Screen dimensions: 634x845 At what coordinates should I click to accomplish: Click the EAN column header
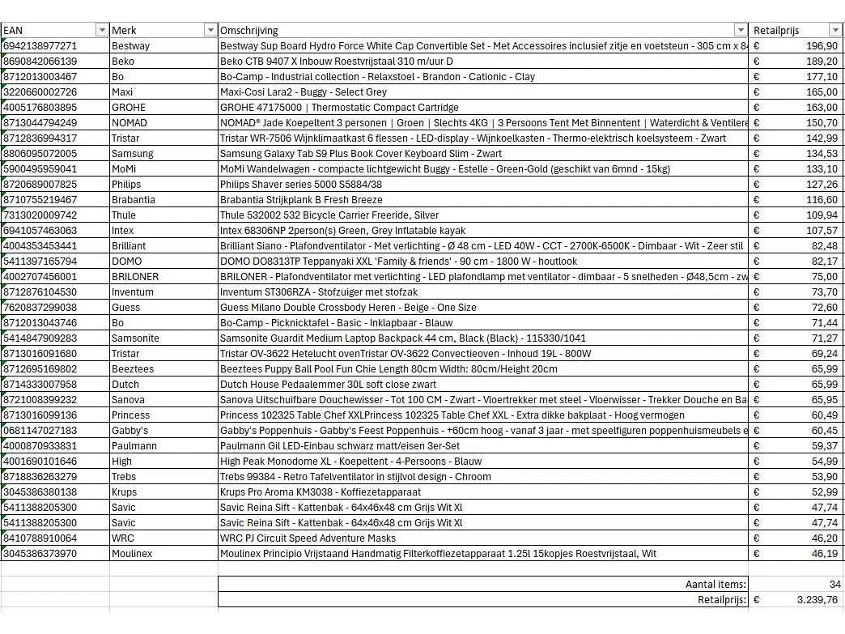click(x=12, y=31)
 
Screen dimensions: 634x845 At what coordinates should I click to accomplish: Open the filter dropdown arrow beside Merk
click(x=210, y=31)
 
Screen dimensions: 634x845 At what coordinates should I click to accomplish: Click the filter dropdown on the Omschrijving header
click(x=740, y=31)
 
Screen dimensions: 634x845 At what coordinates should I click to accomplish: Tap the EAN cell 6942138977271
click(x=40, y=46)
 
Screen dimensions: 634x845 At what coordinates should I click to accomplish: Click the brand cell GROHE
click(x=129, y=108)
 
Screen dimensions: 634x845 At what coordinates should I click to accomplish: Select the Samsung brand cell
click(x=132, y=154)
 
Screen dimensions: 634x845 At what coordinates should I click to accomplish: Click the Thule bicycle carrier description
click(x=329, y=215)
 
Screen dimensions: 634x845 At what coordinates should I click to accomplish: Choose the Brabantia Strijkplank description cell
click(x=301, y=200)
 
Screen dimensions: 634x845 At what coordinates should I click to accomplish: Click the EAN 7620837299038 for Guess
click(x=40, y=308)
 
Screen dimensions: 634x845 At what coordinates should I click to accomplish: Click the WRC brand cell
click(x=123, y=538)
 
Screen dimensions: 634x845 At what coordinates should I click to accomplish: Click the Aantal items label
click(x=715, y=585)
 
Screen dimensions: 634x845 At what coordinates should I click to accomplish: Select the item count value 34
click(x=834, y=585)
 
